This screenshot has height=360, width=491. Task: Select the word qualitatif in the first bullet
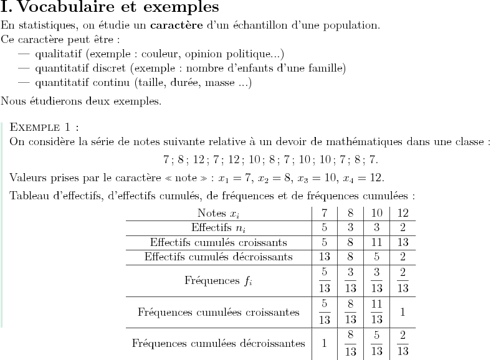click(x=59, y=54)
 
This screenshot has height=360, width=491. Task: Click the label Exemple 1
click(x=45, y=128)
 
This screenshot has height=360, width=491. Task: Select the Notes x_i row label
click(x=218, y=213)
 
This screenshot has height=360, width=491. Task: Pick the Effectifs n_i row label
click(x=218, y=227)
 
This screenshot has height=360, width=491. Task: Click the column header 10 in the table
click(x=376, y=213)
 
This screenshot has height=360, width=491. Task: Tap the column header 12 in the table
click(x=403, y=213)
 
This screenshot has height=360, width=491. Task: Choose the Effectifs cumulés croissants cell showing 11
click(x=376, y=242)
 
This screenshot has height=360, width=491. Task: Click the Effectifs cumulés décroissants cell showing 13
click(x=324, y=256)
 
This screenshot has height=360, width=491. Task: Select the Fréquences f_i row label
click(x=218, y=280)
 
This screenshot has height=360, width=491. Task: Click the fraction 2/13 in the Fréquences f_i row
click(x=403, y=280)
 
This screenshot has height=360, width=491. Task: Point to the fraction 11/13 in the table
click(x=376, y=311)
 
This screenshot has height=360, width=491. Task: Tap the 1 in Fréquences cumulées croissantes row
click(x=403, y=311)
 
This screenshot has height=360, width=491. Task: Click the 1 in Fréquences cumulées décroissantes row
click(x=324, y=343)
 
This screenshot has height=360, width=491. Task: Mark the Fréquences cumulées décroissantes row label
click(x=218, y=343)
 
